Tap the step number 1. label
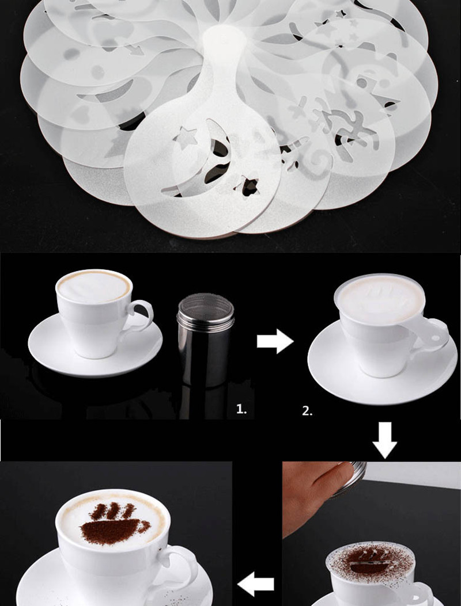click(241, 410)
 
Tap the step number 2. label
click(307, 411)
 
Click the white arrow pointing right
click(275, 342)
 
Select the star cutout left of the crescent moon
click(186, 138)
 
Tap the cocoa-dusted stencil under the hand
click(369, 561)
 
